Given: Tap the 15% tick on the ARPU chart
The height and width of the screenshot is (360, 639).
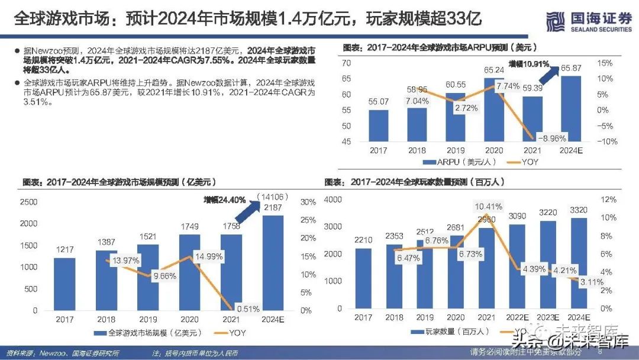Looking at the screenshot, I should pos(604,63).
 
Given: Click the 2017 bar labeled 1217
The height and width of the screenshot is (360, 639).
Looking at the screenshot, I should pos(66,284).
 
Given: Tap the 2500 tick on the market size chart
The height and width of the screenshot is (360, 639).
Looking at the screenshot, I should pos(29,202).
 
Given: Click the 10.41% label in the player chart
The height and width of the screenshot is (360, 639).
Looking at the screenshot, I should pos(489,207).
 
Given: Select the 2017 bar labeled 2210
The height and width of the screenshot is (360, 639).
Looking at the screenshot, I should pos(364,278).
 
